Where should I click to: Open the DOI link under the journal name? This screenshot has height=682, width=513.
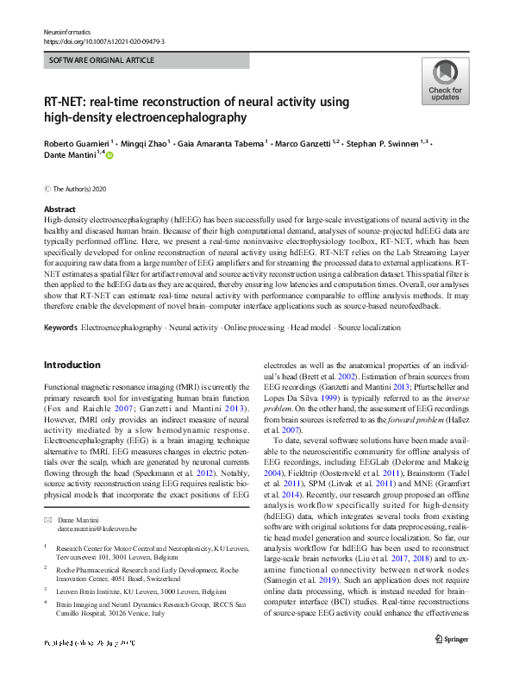[103, 41]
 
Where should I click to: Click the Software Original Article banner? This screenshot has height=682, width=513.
[103, 60]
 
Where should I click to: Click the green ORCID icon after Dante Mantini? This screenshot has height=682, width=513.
[109, 153]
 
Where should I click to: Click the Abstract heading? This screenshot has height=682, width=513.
[59, 210]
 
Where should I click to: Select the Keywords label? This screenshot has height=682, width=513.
[60, 328]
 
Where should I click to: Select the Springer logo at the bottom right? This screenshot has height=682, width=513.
[451, 663]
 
